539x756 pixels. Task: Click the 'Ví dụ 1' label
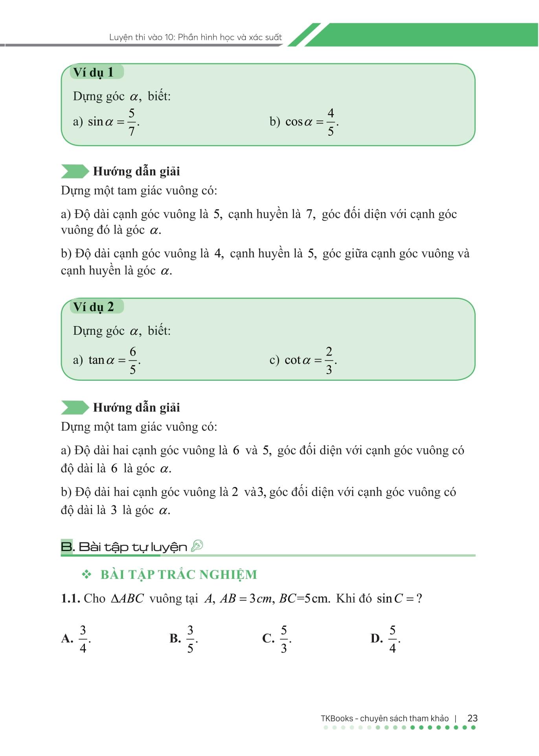(94, 72)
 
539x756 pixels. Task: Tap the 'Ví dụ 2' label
(94, 307)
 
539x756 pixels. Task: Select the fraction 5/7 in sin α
(132, 122)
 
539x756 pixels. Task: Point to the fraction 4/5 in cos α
(331, 122)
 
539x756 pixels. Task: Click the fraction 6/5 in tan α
(133, 360)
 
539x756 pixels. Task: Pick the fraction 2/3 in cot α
(329, 360)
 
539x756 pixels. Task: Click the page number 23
(473, 718)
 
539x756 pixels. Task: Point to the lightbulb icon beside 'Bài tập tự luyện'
(197, 546)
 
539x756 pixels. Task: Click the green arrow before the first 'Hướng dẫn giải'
(75, 171)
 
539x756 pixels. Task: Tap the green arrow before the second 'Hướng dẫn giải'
(75, 408)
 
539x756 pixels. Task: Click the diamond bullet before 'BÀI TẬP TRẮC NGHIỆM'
(86, 575)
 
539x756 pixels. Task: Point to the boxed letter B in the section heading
(66, 547)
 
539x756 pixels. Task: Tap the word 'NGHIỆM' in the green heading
(228, 575)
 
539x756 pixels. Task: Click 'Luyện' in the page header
(121, 37)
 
